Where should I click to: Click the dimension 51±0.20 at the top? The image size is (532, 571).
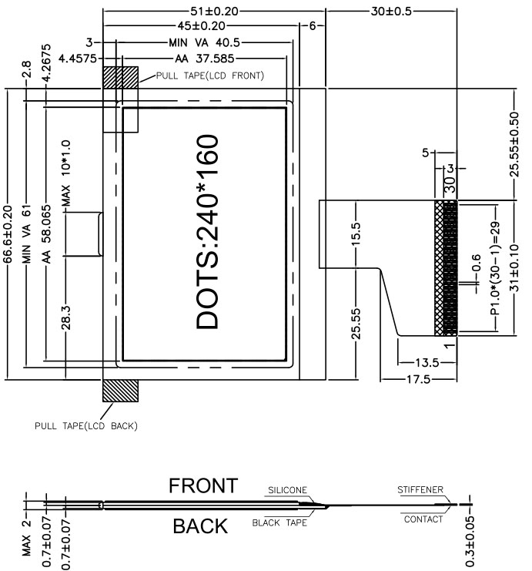point(214,12)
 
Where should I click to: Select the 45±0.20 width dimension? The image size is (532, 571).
point(201,26)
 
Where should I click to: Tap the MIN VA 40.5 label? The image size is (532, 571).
point(205,42)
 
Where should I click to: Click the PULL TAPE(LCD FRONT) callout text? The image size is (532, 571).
point(210,76)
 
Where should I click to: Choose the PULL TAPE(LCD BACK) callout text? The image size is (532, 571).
point(86,425)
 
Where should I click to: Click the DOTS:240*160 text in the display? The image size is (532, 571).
point(207,232)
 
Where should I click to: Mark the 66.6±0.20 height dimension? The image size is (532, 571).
point(7,233)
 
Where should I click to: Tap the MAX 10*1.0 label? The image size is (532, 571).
point(66,173)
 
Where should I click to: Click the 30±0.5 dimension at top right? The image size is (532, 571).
point(391,12)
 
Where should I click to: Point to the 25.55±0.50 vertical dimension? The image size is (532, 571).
point(514,144)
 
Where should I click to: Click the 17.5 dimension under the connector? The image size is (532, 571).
point(418,379)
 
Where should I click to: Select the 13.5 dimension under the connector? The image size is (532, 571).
point(427,362)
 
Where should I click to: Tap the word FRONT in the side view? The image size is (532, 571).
point(203,485)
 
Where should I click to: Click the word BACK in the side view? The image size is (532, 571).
point(200,526)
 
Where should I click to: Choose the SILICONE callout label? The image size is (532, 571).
point(287,490)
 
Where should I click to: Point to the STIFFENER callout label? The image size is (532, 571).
point(420,490)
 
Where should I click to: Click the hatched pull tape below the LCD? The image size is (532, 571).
point(120,391)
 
